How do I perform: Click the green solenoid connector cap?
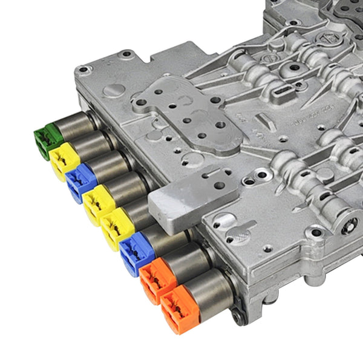[x=47, y=139]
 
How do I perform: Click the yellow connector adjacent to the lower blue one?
[x=116, y=228]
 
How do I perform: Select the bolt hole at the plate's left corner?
[x=82, y=70]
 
